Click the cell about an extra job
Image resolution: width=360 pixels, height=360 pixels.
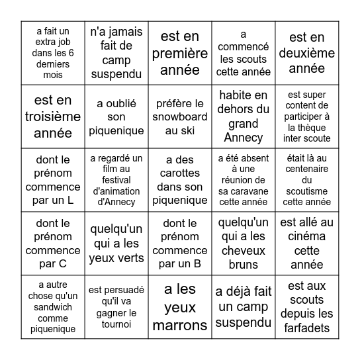pos(53,53)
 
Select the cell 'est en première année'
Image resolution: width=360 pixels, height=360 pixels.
pos(179,53)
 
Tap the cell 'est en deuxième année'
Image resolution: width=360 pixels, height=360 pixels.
pos(306,53)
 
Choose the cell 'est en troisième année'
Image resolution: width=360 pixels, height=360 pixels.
pos(53,116)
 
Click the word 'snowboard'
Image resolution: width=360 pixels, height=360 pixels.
pos(180,116)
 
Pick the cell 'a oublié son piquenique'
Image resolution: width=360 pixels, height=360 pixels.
pos(116,116)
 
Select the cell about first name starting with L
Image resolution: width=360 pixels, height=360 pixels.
pos(53,180)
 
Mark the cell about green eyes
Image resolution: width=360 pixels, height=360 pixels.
pos(116,244)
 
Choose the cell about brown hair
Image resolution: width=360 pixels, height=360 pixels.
pos(243,244)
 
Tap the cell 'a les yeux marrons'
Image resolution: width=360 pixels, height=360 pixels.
pos(179,307)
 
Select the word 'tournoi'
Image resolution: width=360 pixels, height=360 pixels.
pos(116,324)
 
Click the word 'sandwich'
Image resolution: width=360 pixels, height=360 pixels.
pos(53,307)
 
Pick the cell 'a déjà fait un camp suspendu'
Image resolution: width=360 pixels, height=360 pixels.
pos(243,307)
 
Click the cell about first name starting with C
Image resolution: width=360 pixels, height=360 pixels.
pos(53,244)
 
